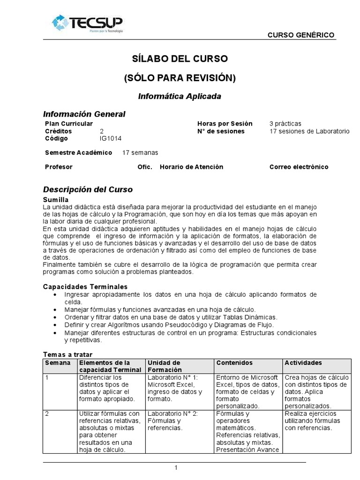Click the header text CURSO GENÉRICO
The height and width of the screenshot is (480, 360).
[300, 35]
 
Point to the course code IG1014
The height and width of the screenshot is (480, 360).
[110, 139]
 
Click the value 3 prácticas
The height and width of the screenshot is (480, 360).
[285, 124]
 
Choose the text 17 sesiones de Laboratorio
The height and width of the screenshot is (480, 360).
[309, 131]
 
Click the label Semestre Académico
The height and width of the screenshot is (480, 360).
[78, 153]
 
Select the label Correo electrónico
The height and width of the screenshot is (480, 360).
[299, 167]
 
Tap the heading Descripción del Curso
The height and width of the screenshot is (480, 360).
[88, 190]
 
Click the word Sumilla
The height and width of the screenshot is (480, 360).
[56, 200]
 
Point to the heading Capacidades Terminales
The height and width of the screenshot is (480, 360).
[85, 287]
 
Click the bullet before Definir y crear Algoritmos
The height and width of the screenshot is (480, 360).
[56, 325]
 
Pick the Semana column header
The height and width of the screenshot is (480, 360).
[58, 363]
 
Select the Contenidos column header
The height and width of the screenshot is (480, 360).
[234, 363]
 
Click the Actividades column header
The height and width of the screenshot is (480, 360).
[303, 363]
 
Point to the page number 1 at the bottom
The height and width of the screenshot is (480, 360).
[176, 467]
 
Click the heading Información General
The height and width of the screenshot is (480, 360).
[84, 114]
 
